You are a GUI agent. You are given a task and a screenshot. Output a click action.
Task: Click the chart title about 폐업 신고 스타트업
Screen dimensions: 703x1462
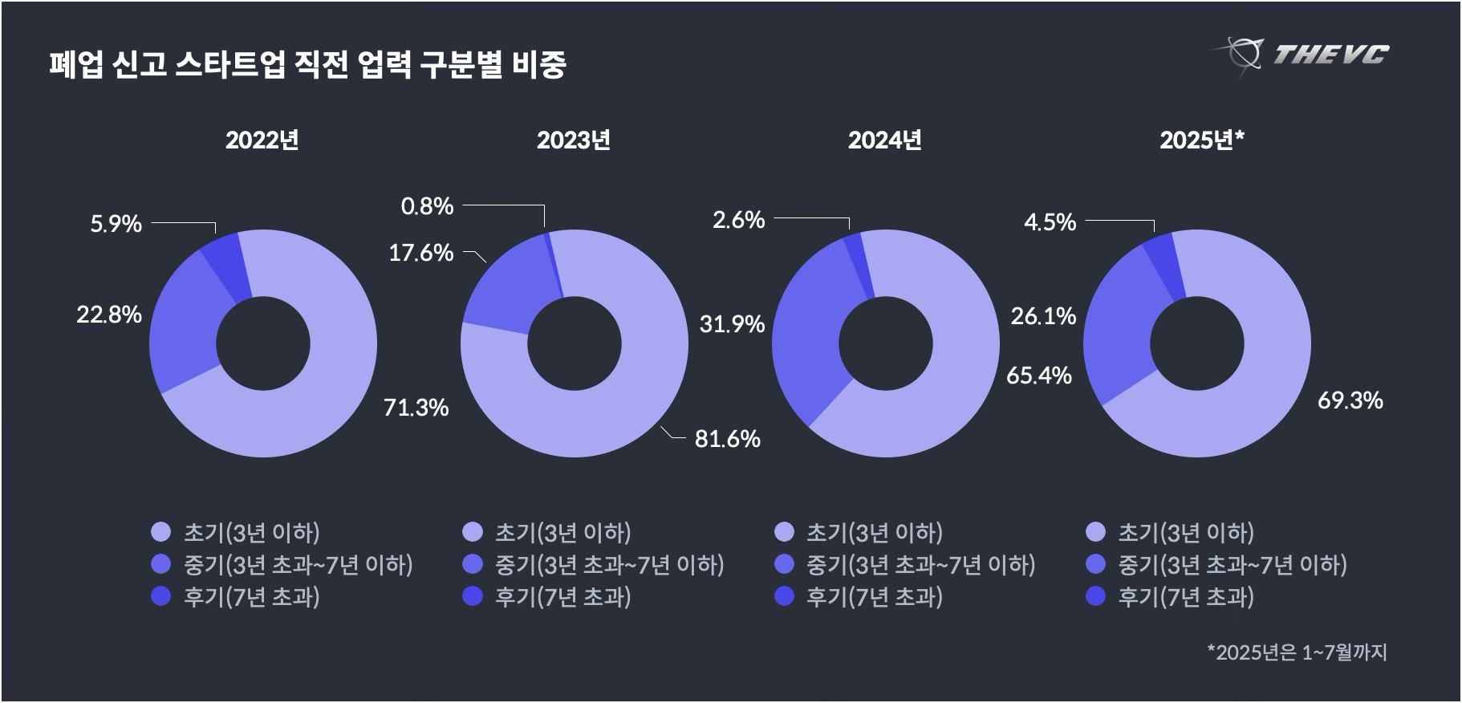coord(307,65)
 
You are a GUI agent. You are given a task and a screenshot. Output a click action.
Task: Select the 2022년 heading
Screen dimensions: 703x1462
coord(262,140)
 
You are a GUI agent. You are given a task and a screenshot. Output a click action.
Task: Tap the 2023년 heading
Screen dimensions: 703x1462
coord(573,140)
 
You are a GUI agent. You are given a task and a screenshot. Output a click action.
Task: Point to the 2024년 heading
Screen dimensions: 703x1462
coord(884,140)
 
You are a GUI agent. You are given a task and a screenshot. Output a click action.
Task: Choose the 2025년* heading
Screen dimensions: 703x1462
coord(1201,140)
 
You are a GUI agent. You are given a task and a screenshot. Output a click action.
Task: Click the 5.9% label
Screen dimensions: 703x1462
coord(116,224)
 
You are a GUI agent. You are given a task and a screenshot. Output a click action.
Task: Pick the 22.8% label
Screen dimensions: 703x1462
coord(109,315)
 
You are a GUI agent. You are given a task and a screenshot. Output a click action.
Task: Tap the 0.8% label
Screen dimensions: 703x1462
coord(427,207)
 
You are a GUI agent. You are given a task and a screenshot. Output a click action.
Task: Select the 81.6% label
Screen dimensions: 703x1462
coord(727,439)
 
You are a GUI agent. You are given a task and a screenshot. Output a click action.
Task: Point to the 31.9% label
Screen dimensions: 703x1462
coord(732,324)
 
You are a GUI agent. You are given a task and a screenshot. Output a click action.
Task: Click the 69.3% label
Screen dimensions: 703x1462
coord(1350,400)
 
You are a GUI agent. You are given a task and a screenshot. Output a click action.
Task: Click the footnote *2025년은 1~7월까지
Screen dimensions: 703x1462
coord(1297,652)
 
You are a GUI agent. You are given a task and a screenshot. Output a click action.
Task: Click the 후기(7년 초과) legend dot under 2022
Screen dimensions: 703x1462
coord(161,596)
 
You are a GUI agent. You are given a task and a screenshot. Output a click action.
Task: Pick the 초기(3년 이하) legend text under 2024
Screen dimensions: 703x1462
coord(874,533)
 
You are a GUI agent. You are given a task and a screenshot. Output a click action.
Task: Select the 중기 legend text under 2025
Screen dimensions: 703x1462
coord(1232,565)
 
